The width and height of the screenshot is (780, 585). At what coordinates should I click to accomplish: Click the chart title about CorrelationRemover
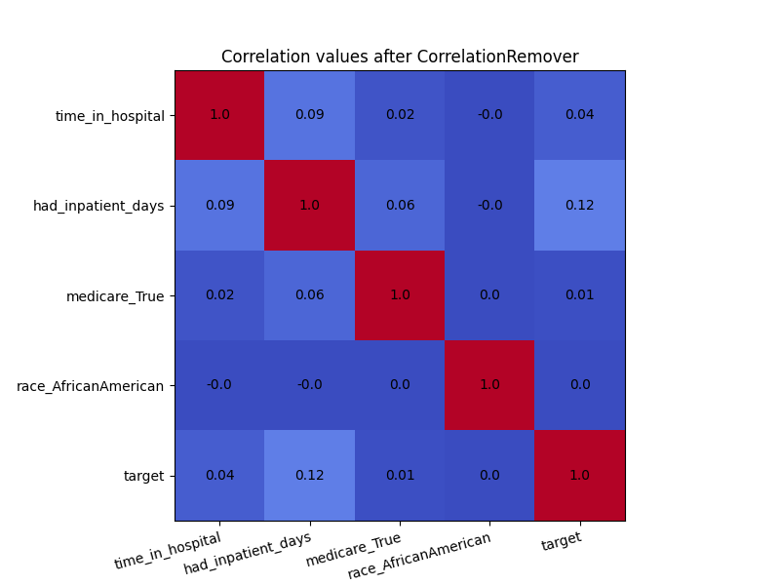[x=400, y=57]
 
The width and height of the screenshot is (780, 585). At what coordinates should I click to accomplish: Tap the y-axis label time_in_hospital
[x=110, y=116]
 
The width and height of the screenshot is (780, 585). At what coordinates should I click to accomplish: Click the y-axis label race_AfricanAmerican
[x=90, y=386]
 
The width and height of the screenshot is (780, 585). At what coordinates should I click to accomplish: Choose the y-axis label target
[x=143, y=476]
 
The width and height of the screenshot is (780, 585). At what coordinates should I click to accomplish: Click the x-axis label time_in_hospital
[x=168, y=550]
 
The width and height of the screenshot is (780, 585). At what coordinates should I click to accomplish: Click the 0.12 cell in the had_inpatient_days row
[x=580, y=206]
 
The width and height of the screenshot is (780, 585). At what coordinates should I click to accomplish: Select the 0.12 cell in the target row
[x=310, y=476]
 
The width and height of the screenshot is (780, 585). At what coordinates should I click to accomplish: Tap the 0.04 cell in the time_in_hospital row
[x=580, y=115]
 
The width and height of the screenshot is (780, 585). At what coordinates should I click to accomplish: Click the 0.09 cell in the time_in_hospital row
[x=310, y=115]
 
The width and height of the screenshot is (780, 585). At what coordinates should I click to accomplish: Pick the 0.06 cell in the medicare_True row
[x=310, y=295]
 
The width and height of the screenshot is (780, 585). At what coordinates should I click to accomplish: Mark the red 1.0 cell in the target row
[x=580, y=476]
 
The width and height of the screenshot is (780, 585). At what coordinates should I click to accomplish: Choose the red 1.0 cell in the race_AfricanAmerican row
[x=489, y=385]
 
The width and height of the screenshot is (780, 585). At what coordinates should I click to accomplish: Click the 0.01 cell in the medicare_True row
[x=580, y=295]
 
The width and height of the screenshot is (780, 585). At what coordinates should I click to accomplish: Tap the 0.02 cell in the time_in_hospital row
[x=400, y=115]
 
